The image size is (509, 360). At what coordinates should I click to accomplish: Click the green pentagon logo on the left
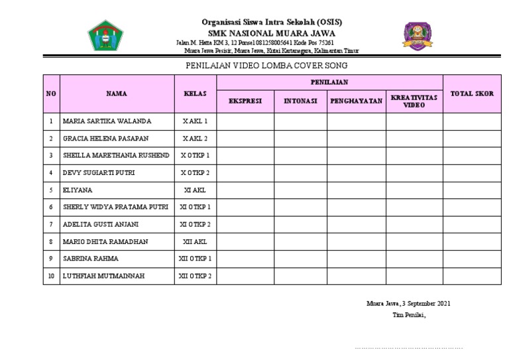pos(105,36)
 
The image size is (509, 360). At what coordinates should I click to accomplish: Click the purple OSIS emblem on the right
pos(417,36)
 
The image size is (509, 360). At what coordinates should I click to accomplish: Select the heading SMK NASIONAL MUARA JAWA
pos(271,33)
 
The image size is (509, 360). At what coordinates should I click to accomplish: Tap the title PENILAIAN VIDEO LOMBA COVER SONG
pos(265,66)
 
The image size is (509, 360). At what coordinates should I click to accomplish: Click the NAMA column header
pos(116,94)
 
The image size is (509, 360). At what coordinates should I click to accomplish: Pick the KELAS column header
pos(195,94)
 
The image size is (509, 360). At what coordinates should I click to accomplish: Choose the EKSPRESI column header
pos(245,101)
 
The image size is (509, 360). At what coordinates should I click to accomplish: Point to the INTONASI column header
pos(300,101)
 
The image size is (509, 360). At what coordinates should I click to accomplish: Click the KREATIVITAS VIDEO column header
pos(414,101)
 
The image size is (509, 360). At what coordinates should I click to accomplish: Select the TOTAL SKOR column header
pos(472,94)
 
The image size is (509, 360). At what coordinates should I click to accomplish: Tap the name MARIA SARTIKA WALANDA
pos(107,121)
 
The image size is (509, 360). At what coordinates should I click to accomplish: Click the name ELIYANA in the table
pos(78,190)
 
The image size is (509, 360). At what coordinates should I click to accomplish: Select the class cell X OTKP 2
pos(195,173)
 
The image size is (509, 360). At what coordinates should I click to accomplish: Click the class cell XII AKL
pos(195,242)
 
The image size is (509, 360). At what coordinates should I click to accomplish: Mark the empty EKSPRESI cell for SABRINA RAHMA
pos(245,259)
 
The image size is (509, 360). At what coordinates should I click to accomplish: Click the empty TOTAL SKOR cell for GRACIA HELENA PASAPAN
pos(472,139)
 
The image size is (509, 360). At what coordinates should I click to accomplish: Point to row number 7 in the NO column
pos(51,224)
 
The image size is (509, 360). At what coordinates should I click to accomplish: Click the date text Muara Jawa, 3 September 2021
pos(408,304)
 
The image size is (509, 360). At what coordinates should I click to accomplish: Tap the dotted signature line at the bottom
pos(408,347)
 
